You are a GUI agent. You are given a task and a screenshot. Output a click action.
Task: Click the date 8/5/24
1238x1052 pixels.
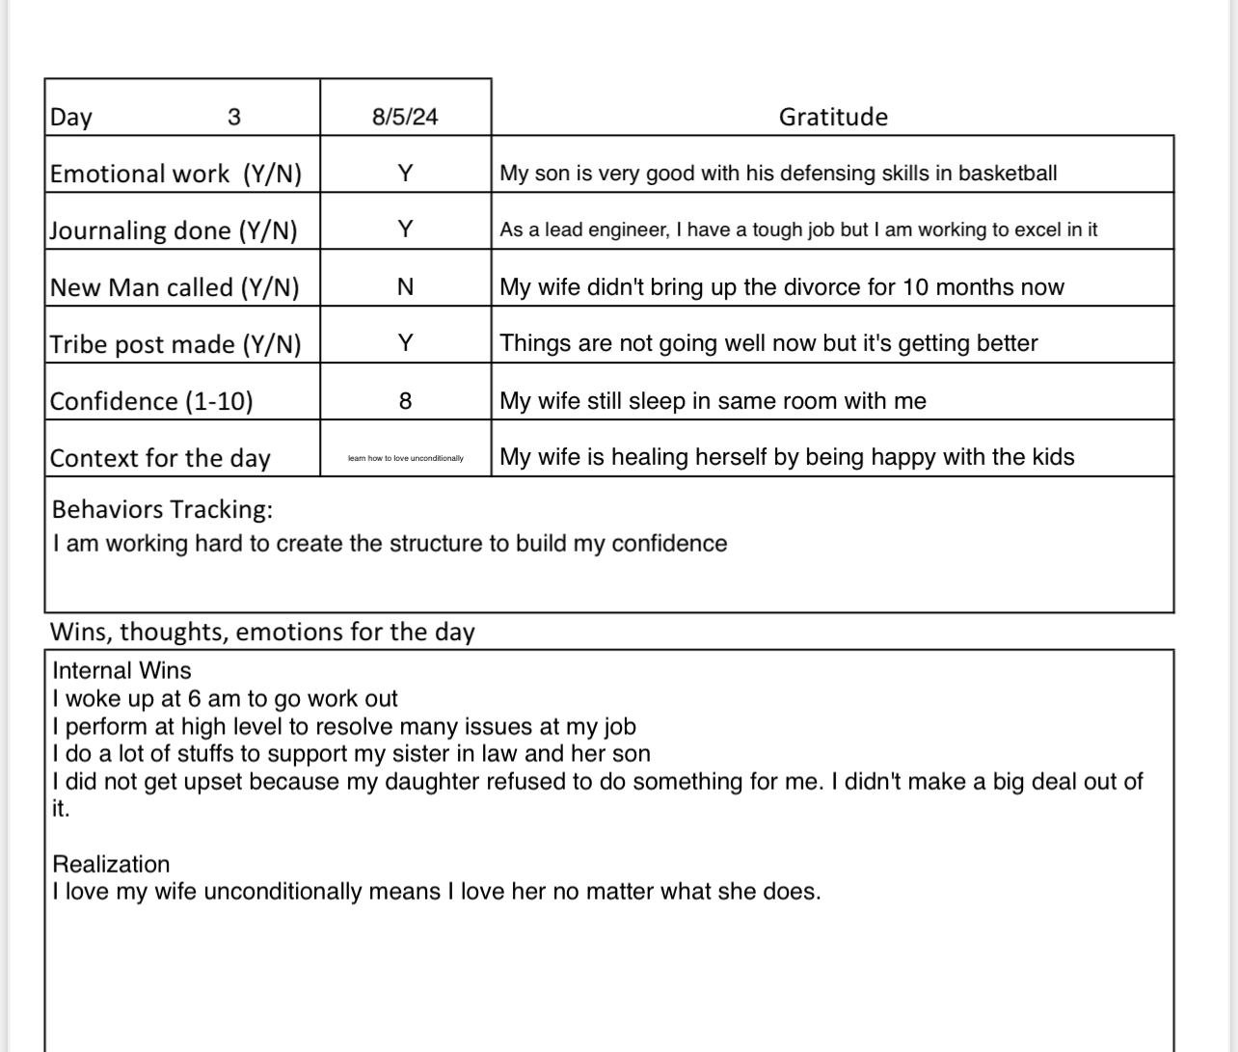[405, 117]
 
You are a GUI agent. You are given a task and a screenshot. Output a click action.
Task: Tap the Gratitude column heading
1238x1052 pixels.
[833, 117]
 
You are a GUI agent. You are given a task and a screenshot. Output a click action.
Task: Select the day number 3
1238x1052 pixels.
[234, 117]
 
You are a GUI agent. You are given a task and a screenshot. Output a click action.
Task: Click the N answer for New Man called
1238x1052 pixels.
[405, 286]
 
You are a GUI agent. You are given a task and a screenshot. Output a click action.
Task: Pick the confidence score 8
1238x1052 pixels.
[405, 400]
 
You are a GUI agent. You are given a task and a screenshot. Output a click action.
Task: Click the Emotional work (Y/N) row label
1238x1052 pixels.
[175, 174]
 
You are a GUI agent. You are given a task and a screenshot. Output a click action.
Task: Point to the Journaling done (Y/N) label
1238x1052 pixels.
[174, 230]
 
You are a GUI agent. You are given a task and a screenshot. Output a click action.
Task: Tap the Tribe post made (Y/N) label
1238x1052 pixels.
[175, 344]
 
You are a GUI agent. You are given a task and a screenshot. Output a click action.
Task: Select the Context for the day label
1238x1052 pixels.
[160, 458]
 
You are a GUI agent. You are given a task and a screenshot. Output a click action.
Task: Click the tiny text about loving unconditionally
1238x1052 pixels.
[405, 458]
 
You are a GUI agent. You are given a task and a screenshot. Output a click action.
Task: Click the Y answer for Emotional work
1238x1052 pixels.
[405, 174]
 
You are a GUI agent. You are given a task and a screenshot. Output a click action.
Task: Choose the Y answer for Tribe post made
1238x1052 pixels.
[405, 342]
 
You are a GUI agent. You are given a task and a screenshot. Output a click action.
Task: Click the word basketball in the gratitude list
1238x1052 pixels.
[1008, 174]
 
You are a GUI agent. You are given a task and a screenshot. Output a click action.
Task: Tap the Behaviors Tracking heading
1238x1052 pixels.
[162, 509]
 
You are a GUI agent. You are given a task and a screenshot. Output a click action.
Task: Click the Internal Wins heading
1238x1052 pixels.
[121, 671]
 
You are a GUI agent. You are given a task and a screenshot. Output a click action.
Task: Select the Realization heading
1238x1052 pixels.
[111, 864]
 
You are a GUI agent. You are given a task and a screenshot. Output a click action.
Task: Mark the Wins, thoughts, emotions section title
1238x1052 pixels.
[262, 632]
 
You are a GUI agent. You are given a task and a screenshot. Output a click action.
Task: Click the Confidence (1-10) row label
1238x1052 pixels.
[151, 401]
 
